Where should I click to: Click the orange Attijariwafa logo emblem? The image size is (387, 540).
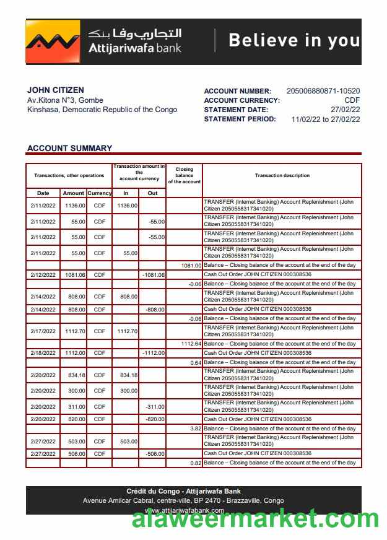53,41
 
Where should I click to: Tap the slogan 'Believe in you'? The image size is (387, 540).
294,40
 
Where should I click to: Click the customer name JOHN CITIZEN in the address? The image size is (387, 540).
56,90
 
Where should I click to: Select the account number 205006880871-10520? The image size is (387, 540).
323,91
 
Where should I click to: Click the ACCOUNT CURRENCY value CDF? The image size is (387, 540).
352,100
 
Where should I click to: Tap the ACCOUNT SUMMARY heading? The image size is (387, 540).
69,148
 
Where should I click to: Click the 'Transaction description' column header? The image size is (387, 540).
282,175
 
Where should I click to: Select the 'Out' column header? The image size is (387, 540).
152,193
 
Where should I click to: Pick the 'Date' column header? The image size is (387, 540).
43,193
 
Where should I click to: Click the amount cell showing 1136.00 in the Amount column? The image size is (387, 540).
74,206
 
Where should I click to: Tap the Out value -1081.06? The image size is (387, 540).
153,274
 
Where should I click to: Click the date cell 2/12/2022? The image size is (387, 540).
43,274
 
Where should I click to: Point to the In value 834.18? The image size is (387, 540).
126,375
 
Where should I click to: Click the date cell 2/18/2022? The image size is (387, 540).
43,353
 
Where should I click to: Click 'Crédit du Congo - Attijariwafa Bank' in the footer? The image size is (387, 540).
183,491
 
